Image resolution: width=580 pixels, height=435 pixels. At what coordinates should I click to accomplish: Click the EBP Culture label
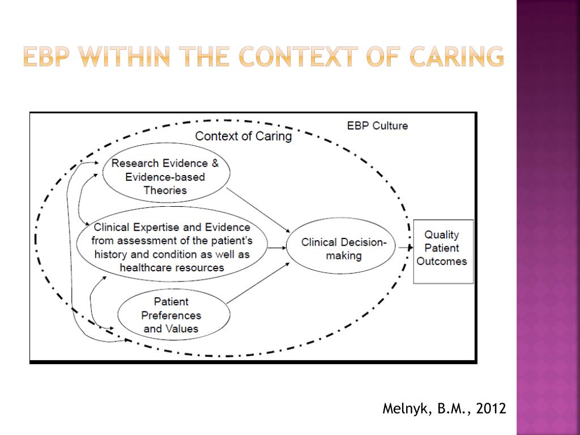coord(377,126)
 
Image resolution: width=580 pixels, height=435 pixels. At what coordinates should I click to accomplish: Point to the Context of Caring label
coord(244,137)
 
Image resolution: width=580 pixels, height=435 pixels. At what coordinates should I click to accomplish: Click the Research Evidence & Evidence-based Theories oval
coord(165,173)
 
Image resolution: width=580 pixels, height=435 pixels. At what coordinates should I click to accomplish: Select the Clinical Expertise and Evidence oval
coord(172,248)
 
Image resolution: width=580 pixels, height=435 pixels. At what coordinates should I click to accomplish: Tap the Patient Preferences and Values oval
coord(173,315)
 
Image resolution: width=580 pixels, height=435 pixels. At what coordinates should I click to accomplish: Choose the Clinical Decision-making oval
coord(340,249)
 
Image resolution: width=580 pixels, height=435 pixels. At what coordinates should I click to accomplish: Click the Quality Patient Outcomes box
coord(442,251)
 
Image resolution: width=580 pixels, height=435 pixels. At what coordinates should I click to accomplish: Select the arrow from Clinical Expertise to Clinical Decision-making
coord(276,248)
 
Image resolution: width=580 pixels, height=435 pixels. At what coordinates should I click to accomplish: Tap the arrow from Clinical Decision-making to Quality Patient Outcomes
coord(404,248)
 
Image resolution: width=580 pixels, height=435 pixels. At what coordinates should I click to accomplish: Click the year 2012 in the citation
coord(492,409)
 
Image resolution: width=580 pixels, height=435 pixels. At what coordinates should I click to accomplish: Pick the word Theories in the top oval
coord(165,190)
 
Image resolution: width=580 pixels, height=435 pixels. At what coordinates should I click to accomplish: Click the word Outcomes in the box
coord(442,261)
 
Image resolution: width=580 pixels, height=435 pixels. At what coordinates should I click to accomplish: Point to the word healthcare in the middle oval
coord(143,267)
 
